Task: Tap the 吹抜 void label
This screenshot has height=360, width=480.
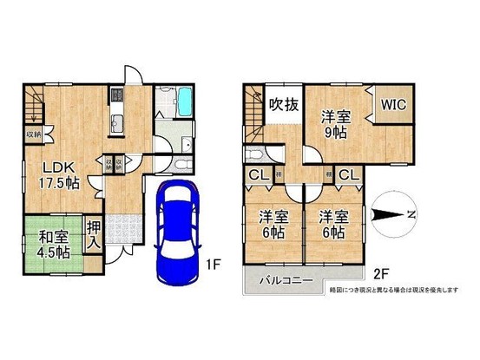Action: [x=283, y=108]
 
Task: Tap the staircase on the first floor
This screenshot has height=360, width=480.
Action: [x=31, y=108]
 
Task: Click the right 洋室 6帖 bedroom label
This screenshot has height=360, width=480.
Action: [x=332, y=226]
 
